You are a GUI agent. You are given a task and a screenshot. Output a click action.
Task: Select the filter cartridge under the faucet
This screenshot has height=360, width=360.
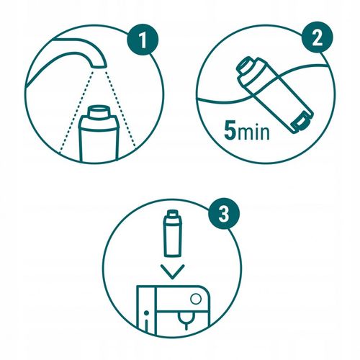[98, 137]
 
